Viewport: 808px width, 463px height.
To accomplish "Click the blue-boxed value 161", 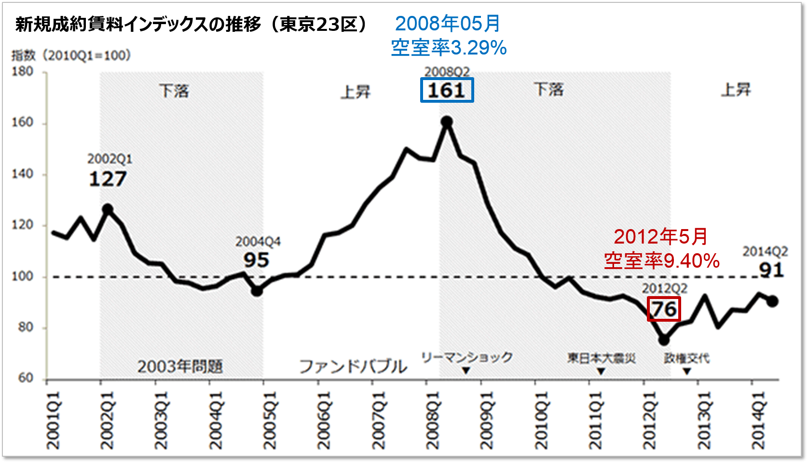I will [x=447, y=90].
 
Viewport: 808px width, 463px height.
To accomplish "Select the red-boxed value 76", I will [x=664, y=309].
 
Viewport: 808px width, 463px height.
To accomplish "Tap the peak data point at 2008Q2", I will [x=447, y=122].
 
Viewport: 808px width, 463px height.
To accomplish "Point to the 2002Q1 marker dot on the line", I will [x=108, y=209].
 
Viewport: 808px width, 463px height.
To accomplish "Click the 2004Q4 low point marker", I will [x=257, y=291].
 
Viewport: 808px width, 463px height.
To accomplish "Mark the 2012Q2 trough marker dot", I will [x=664, y=340].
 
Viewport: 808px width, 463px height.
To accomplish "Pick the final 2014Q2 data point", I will [x=772, y=301].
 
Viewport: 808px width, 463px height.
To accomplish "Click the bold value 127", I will [x=108, y=179].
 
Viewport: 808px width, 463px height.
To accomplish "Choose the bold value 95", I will [x=256, y=260].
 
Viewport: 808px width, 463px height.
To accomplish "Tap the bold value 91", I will [x=771, y=270].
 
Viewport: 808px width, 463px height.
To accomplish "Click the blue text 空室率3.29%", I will [x=449, y=48].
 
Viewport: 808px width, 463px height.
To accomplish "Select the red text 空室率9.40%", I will [x=662, y=261].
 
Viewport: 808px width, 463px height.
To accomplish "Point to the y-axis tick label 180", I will [x=23, y=71].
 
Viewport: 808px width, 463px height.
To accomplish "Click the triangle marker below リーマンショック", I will [x=466, y=370].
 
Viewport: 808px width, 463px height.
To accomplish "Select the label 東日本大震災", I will [x=601, y=358].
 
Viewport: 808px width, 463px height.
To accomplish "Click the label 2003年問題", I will [x=180, y=367].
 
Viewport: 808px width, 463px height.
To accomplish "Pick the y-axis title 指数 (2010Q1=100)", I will [x=71, y=55].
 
